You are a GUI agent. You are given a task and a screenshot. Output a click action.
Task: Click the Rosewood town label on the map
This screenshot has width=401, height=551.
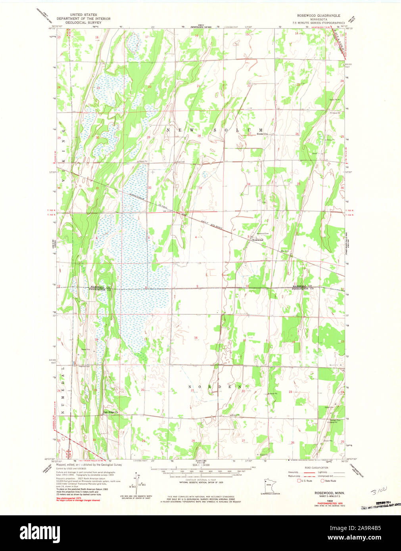[x=258, y=240]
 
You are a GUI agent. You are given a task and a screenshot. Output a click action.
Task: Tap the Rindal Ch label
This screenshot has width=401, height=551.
[x=263, y=134]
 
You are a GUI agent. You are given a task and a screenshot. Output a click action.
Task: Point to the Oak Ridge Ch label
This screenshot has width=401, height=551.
[x=111, y=413]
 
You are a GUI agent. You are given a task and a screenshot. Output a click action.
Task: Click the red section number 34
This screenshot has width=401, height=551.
[x=249, y=184]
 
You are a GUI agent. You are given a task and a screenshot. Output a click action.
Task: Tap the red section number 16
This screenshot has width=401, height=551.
[x=196, y=338]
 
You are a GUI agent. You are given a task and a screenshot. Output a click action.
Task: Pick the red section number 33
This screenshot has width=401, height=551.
[x=200, y=188]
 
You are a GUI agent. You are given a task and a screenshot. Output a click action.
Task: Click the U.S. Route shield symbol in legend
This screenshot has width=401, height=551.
[x=299, y=480]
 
